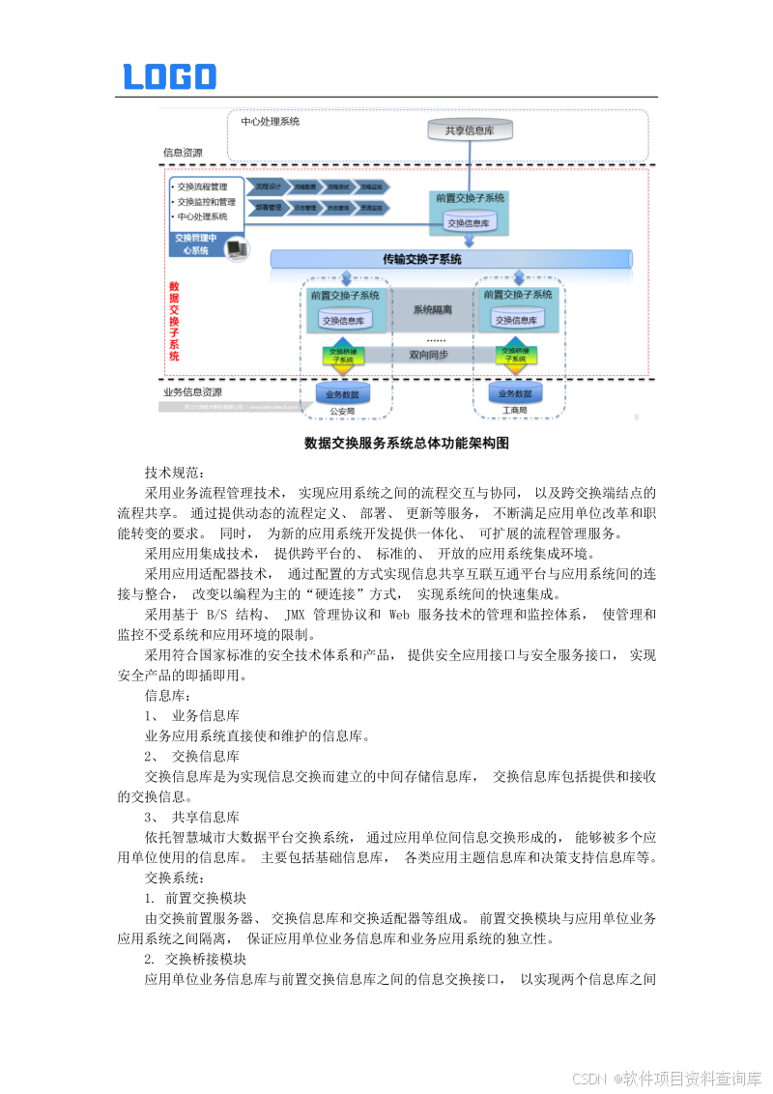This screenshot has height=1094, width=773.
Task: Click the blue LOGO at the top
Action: coord(169,77)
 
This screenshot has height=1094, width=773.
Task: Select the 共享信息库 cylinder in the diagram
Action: coord(470,130)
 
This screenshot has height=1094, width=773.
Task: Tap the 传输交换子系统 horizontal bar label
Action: coord(422,259)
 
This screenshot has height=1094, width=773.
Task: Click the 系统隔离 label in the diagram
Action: coord(432,310)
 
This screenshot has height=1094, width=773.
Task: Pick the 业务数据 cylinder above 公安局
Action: coord(342,394)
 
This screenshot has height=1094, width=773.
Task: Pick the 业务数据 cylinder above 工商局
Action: coord(515,393)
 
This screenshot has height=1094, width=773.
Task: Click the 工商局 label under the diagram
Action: coord(515,411)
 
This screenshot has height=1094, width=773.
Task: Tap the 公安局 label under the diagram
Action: coord(342,411)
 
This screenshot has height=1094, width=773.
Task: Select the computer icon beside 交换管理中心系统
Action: coord(236,249)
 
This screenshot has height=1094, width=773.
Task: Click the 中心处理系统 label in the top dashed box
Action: coord(270,122)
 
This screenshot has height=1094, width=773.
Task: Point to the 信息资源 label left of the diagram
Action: coord(183,153)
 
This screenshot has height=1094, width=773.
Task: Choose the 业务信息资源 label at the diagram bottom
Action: coord(192,392)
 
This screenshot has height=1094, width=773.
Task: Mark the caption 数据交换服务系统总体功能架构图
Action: coord(406,444)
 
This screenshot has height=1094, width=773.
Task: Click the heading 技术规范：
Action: coord(175,473)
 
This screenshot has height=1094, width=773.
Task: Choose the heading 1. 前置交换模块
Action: coord(194,898)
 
